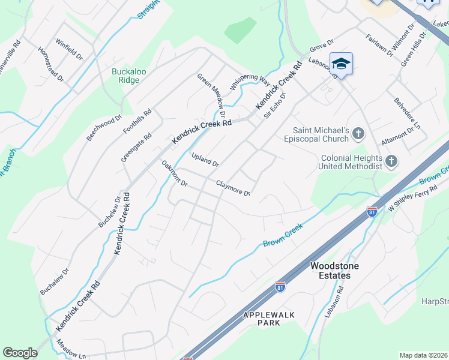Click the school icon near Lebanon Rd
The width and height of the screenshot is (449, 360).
pos(341,64)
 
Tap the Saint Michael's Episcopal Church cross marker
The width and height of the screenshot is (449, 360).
pos(359,133)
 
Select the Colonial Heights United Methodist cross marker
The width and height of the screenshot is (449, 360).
pos(391,161)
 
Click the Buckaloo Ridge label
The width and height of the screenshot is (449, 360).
pos(129,75)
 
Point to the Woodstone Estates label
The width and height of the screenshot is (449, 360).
pos(330,270)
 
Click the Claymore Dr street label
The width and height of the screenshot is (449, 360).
pos(233,188)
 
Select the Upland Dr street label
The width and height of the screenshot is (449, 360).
pos(205,160)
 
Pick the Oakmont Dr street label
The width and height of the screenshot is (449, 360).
pos(175,174)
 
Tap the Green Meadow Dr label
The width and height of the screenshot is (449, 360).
pos(211,95)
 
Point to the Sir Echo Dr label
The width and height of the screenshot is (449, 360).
pos(274,110)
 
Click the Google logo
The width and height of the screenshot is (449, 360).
pos(20,353)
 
